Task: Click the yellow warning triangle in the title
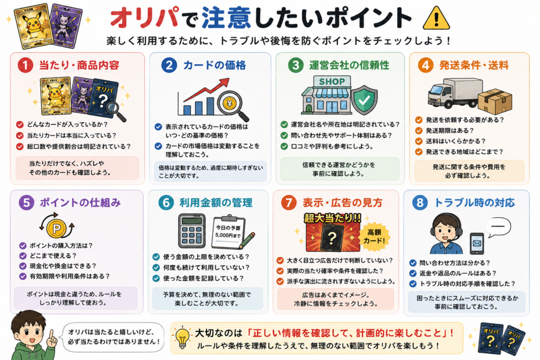(436, 19)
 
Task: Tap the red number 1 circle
(25, 65)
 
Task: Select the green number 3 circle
(296, 65)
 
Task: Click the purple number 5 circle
(26, 202)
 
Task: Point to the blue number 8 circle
(420, 202)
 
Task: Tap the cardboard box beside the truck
(495, 101)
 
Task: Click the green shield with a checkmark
(364, 100)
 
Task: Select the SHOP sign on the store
(332, 82)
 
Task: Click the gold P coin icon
(57, 228)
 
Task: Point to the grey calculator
(192, 231)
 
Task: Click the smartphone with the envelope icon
(477, 244)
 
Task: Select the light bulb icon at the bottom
(182, 337)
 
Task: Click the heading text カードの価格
(215, 65)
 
